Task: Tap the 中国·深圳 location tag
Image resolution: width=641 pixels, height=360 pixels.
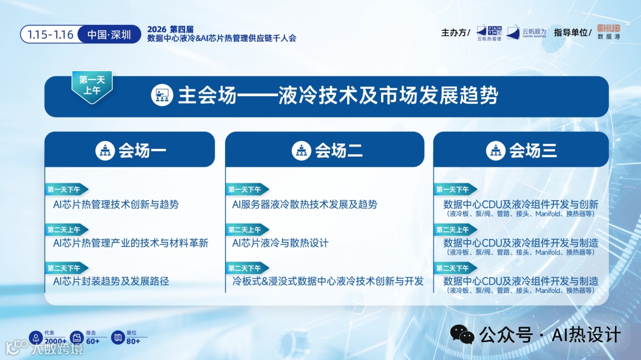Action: click(109, 34)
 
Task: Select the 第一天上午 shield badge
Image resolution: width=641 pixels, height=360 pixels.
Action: click(92, 85)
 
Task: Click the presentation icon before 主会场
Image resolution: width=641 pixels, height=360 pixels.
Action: click(161, 95)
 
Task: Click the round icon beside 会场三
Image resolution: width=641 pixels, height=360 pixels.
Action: click(496, 151)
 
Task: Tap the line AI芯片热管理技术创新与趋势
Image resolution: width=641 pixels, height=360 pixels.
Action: click(116, 205)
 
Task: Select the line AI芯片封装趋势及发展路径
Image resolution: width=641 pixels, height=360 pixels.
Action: click(111, 281)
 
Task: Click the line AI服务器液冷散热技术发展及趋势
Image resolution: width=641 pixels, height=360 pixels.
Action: click(304, 205)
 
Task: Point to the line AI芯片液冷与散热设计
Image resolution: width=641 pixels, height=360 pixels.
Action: click(280, 243)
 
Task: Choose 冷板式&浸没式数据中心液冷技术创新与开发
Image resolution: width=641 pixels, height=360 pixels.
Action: click(328, 281)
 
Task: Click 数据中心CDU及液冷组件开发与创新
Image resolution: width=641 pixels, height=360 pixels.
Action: click(521, 205)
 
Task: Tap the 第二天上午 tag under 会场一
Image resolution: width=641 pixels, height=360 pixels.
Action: click(66, 230)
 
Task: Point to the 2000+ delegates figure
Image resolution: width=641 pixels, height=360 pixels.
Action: click(55, 341)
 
